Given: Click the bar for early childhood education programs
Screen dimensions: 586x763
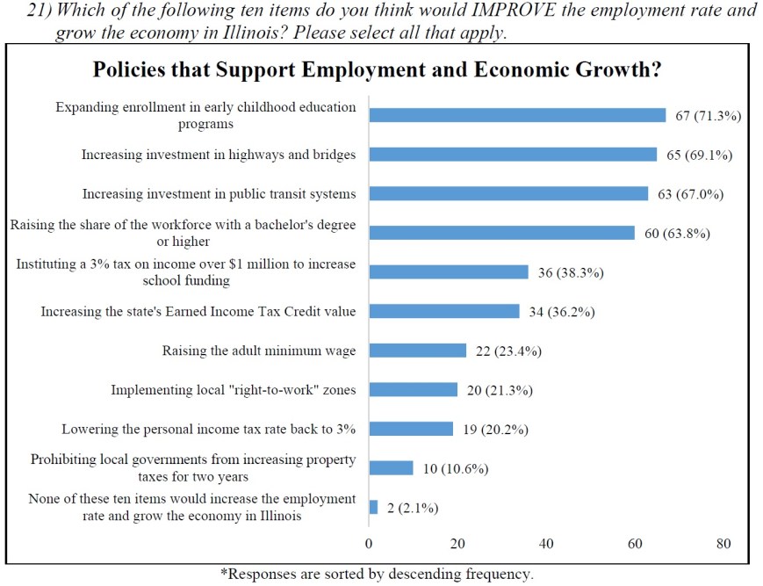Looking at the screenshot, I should click(517, 115).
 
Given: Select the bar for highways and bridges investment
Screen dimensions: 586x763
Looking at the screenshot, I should click(513, 155).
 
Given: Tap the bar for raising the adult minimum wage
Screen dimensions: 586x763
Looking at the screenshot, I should click(417, 351).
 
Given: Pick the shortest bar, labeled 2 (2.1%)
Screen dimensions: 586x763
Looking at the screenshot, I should click(373, 507).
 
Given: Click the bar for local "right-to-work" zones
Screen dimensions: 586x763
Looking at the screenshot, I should click(413, 389).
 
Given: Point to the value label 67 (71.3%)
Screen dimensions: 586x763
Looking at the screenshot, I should click(709, 116).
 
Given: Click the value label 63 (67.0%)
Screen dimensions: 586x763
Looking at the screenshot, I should click(691, 194).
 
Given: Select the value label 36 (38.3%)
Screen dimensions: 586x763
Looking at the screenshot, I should click(571, 272).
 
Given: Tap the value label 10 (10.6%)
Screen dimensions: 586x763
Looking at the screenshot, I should click(456, 468).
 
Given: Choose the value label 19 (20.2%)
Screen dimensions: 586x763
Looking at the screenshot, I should click(496, 430).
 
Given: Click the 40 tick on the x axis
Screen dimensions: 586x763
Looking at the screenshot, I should click(546, 544).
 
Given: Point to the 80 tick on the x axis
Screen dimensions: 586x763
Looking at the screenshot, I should click(723, 544).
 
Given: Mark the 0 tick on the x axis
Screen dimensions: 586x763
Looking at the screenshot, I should click(369, 544).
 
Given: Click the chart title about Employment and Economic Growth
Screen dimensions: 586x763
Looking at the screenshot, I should click(377, 69).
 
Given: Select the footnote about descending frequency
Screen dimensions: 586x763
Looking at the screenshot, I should click(376, 575).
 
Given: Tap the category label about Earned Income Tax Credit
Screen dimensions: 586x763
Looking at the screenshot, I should click(198, 312).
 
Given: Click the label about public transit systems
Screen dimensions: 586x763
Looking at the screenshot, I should click(219, 194).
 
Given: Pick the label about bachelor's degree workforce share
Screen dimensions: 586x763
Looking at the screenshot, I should click(183, 233).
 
